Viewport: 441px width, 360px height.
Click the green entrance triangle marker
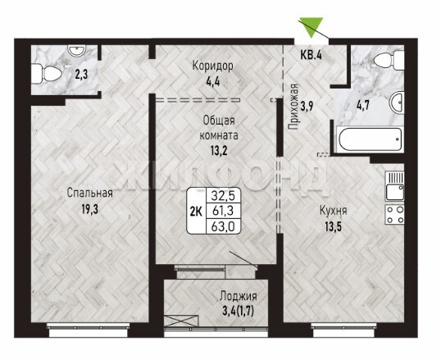(x=311, y=27)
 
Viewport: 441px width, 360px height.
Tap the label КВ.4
(x=311, y=55)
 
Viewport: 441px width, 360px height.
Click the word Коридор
(x=213, y=66)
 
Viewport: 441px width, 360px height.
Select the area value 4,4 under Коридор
(x=212, y=82)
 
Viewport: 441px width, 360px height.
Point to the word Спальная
(x=90, y=193)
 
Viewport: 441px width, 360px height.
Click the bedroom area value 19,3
(x=90, y=209)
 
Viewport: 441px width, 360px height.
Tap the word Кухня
(x=334, y=211)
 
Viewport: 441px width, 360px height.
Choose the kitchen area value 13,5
(x=334, y=226)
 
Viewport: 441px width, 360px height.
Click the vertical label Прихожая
(x=293, y=107)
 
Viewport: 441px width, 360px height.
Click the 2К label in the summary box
(x=196, y=212)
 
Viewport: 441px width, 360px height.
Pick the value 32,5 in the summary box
(x=223, y=195)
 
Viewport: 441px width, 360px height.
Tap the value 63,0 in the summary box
(x=223, y=226)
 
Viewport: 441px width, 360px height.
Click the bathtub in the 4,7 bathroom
(x=371, y=139)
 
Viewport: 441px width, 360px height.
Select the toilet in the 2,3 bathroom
(x=47, y=74)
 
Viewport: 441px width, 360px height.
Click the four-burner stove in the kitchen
(x=394, y=214)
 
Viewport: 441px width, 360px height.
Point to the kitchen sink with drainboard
(x=394, y=186)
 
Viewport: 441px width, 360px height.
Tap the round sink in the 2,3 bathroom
(x=76, y=51)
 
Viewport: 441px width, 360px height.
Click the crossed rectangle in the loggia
(x=181, y=321)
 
